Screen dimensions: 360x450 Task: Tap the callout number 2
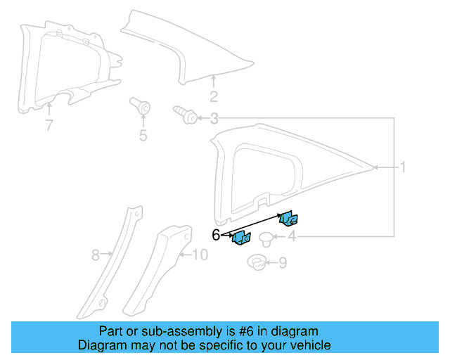214,97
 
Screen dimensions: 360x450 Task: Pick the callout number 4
291,236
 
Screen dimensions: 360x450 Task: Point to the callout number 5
143,135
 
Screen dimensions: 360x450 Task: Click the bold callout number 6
216,235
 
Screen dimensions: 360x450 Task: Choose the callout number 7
49,126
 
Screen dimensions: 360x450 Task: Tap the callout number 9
283,264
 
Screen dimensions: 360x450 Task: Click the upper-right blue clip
289,219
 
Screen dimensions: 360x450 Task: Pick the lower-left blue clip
241,239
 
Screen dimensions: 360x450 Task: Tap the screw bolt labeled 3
183,114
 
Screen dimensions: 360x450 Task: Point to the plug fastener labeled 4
267,237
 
